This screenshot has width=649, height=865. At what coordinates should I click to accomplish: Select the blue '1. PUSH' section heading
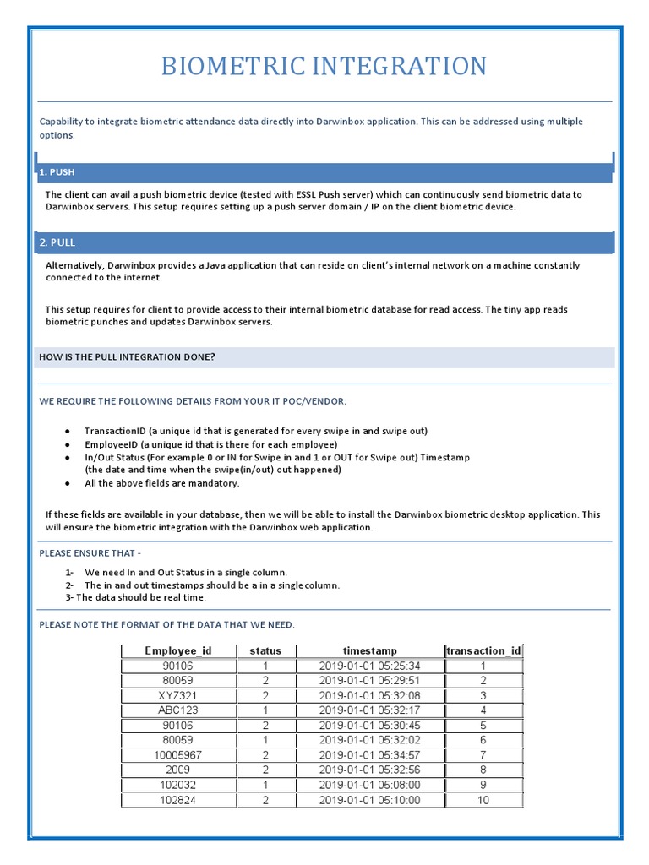[57, 172]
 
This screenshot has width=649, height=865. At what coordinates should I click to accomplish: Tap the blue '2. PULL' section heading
[57, 242]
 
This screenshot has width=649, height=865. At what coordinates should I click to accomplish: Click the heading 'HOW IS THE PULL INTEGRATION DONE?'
[127, 357]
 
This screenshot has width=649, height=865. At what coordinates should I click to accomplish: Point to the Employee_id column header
[177, 650]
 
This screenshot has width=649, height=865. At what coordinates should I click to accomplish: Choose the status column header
[265, 650]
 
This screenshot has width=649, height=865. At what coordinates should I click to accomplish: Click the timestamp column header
[369, 650]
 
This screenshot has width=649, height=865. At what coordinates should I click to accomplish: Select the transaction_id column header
[483, 650]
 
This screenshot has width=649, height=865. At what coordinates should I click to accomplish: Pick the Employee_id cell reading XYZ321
[177, 695]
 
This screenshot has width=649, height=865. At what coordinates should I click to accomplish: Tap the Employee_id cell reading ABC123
[177, 710]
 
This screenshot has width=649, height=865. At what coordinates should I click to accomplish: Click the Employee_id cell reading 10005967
[177, 755]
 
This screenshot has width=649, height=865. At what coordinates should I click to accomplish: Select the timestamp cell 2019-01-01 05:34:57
[369, 755]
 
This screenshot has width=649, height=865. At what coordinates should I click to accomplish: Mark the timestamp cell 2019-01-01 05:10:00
[369, 800]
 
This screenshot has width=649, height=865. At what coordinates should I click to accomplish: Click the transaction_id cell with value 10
[483, 800]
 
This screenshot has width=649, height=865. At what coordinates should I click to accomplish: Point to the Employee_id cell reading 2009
[177, 770]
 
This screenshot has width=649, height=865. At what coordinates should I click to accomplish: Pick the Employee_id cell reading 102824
[177, 800]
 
